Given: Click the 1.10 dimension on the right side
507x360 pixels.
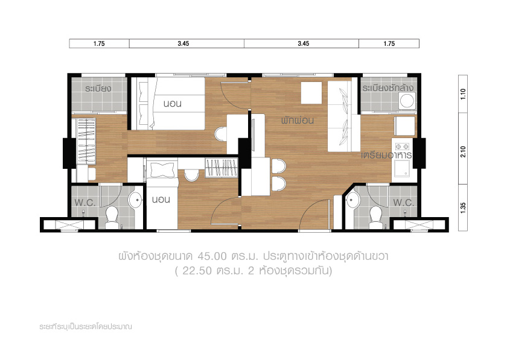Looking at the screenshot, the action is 463,93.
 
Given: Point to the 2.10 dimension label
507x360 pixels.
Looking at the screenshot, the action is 463,151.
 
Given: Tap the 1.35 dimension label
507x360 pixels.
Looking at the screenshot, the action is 463,207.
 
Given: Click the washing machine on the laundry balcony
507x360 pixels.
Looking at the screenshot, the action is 407,101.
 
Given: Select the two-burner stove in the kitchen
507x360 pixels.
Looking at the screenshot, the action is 402,147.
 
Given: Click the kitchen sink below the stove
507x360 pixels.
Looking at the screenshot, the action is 402,168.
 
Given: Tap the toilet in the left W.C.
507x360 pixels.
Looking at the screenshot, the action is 112,215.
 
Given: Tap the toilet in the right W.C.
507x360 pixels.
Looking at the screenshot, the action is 375,215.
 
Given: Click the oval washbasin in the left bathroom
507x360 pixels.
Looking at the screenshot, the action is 135,200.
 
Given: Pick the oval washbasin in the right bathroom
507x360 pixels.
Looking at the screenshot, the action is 353,200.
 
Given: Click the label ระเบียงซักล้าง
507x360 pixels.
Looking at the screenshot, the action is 387,88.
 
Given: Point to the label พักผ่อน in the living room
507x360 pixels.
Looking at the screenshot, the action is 298,121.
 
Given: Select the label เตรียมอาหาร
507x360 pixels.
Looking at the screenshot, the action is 386,155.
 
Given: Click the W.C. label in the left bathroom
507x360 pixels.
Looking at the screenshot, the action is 85,203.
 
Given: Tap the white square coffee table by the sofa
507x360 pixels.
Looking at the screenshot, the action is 311,93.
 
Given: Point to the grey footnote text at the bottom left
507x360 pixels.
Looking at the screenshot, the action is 86,327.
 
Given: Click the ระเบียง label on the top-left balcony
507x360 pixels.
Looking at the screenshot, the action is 98,89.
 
